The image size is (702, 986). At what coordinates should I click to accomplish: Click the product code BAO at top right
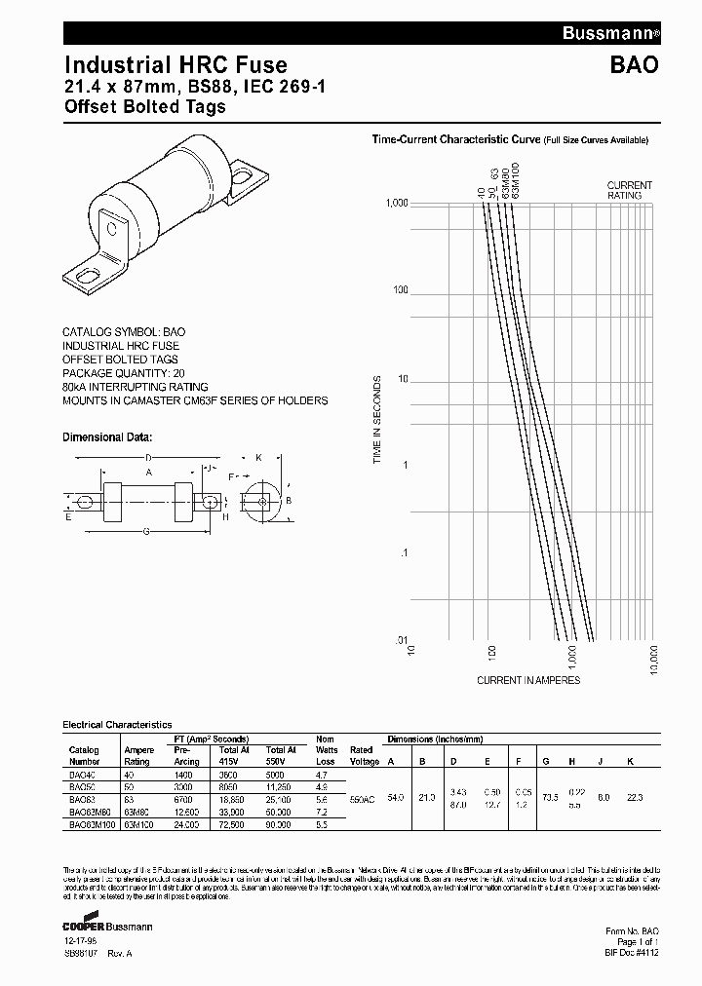(636, 66)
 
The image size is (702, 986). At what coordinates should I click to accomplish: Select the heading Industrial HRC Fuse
(175, 65)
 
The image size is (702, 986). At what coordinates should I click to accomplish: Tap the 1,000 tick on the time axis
(394, 203)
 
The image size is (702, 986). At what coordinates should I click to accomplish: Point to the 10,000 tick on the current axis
(653, 660)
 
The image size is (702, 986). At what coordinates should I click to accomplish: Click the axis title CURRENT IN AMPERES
(528, 679)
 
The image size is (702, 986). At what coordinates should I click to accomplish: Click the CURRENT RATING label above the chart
(630, 190)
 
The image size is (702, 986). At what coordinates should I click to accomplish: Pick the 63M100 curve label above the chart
(516, 180)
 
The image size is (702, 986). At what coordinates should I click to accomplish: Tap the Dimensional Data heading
(107, 437)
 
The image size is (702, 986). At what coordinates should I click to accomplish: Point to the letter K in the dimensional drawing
(257, 456)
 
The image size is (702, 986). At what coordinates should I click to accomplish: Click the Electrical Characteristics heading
(117, 725)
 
